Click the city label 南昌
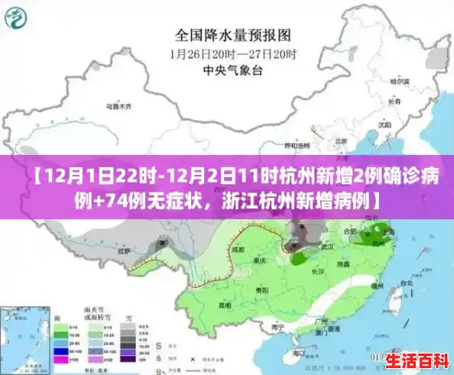pyautogui.click(x=343, y=263)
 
